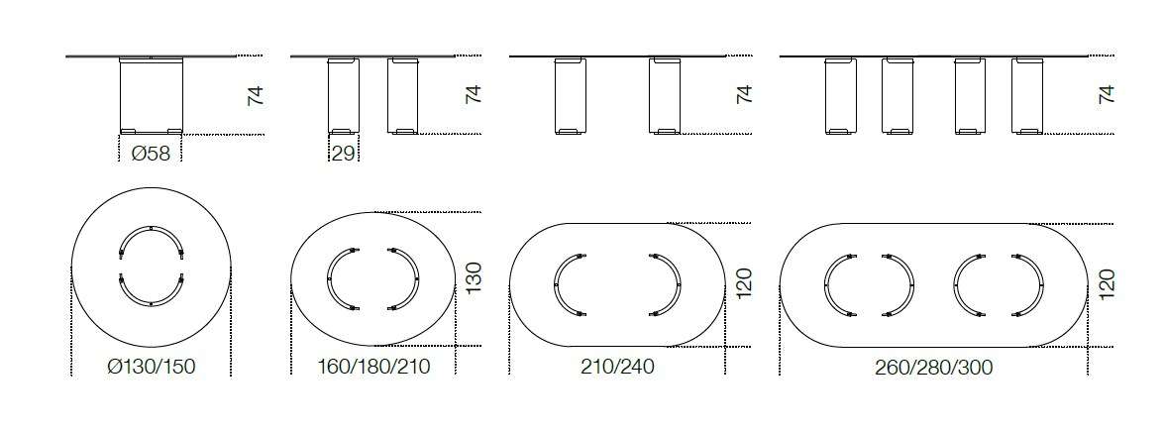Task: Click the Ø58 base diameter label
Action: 151,154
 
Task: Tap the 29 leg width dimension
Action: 344,154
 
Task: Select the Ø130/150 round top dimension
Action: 152,367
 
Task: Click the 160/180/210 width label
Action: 373,367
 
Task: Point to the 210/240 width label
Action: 617,367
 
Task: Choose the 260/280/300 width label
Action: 934,367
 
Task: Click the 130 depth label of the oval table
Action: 474,277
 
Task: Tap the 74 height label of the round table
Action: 256,96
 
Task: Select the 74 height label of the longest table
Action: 1106,94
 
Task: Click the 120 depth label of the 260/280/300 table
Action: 1106,284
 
